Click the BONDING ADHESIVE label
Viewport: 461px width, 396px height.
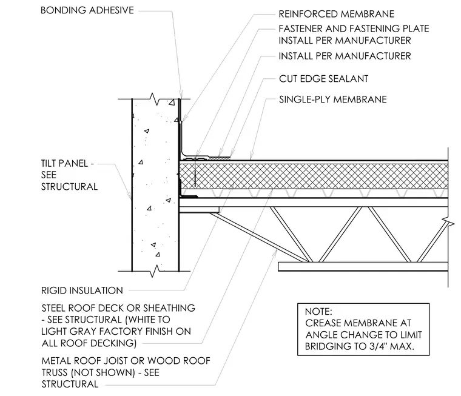[87, 10]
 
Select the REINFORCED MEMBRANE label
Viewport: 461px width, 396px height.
[336, 14]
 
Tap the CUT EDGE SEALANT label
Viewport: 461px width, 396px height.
[323, 79]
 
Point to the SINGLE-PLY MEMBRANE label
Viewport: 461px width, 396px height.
[333, 99]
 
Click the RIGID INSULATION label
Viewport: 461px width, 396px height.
[82, 290]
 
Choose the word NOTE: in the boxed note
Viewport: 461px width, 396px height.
[318, 311]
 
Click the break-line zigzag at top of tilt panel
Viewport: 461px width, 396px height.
[155, 99]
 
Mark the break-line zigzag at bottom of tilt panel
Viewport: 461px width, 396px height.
[155, 271]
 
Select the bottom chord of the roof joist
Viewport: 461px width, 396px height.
[363, 266]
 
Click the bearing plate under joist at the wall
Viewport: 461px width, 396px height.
[199, 210]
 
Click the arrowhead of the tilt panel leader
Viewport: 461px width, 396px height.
[130, 196]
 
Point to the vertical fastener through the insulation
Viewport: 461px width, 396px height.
[195, 172]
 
